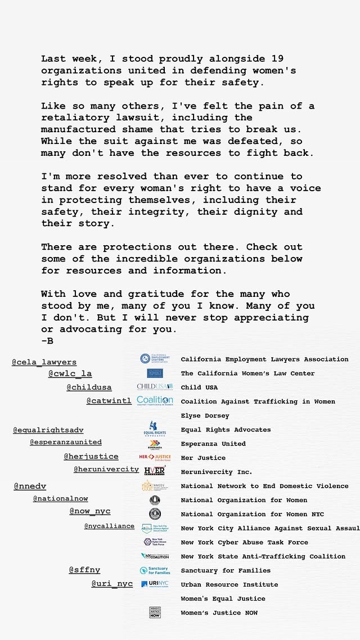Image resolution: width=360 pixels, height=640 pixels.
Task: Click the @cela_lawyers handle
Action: click(x=44, y=362)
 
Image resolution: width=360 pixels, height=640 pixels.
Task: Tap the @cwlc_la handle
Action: click(x=70, y=373)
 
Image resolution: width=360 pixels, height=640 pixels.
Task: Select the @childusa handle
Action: click(x=89, y=387)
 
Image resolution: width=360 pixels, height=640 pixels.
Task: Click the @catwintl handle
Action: click(x=109, y=401)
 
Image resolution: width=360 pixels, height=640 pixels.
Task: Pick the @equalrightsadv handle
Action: click(x=48, y=430)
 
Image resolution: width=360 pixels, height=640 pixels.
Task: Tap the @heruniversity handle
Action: click(x=106, y=470)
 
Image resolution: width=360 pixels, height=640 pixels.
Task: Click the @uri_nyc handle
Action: click(x=112, y=584)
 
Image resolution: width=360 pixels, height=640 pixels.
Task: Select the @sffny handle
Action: click(x=84, y=570)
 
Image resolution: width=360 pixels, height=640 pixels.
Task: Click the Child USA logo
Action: click(x=155, y=387)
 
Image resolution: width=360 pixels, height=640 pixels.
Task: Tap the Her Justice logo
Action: click(x=155, y=457)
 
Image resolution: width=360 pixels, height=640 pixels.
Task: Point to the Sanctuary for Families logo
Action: click(x=155, y=570)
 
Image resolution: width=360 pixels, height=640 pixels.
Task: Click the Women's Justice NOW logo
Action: click(x=155, y=612)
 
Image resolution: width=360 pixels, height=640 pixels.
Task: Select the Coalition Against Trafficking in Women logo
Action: click(x=155, y=400)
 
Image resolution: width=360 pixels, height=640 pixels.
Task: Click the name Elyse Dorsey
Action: click(x=205, y=416)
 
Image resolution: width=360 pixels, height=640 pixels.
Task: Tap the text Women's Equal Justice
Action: click(x=223, y=599)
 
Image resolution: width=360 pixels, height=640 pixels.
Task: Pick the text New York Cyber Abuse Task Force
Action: click(x=244, y=543)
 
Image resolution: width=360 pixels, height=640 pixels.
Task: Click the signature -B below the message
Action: click(x=47, y=341)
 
